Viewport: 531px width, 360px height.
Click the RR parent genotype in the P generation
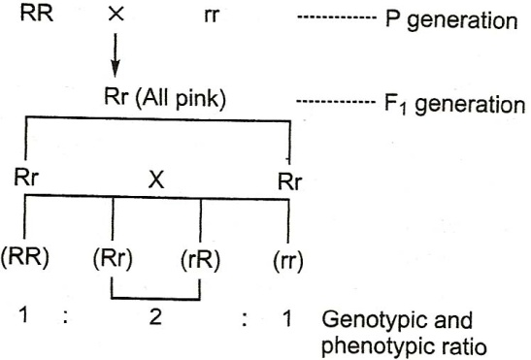click(x=37, y=14)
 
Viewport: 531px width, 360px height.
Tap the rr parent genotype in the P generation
click(x=212, y=16)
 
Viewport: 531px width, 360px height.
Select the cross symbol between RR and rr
click(x=116, y=15)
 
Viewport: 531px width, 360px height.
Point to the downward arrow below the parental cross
click(x=116, y=55)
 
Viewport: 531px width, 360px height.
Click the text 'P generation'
click(x=451, y=20)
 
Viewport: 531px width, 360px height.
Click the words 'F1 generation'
click(x=455, y=104)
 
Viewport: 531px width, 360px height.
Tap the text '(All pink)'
click(x=181, y=99)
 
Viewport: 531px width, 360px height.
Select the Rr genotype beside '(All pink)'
click(x=116, y=96)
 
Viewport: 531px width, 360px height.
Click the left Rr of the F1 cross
click(x=26, y=177)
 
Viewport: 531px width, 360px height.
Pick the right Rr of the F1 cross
click(x=289, y=181)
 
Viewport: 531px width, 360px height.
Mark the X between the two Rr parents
click(x=156, y=180)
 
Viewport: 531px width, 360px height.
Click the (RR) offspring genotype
click(x=24, y=257)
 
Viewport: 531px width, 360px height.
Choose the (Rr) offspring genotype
click(x=113, y=260)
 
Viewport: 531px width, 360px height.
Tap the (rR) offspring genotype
click(x=200, y=260)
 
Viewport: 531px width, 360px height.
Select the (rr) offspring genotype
click(x=288, y=262)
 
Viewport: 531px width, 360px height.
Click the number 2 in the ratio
click(x=155, y=317)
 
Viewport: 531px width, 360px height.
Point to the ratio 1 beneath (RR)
click(x=23, y=314)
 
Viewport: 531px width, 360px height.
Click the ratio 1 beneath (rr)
click(x=287, y=318)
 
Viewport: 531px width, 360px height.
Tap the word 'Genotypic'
click(x=377, y=321)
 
